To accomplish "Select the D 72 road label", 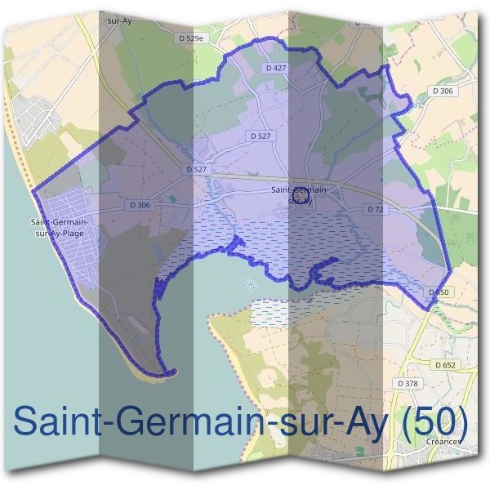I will coord(376,210).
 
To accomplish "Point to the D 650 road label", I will coord(438,292).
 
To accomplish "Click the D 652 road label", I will coord(446,365).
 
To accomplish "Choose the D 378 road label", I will coord(406,383).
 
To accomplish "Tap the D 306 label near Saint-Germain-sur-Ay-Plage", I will coord(139,206).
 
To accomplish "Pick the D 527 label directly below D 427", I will coord(261,136).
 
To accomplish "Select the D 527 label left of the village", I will coord(198,169).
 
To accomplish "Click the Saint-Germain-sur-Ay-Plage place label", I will coord(62,227).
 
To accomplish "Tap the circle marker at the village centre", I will coord(300,195).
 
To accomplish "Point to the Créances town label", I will coord(443,441).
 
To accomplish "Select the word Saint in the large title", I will coord(51,421).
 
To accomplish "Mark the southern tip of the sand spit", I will coord(171,374).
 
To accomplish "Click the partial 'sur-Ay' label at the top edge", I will coord(119,22).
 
